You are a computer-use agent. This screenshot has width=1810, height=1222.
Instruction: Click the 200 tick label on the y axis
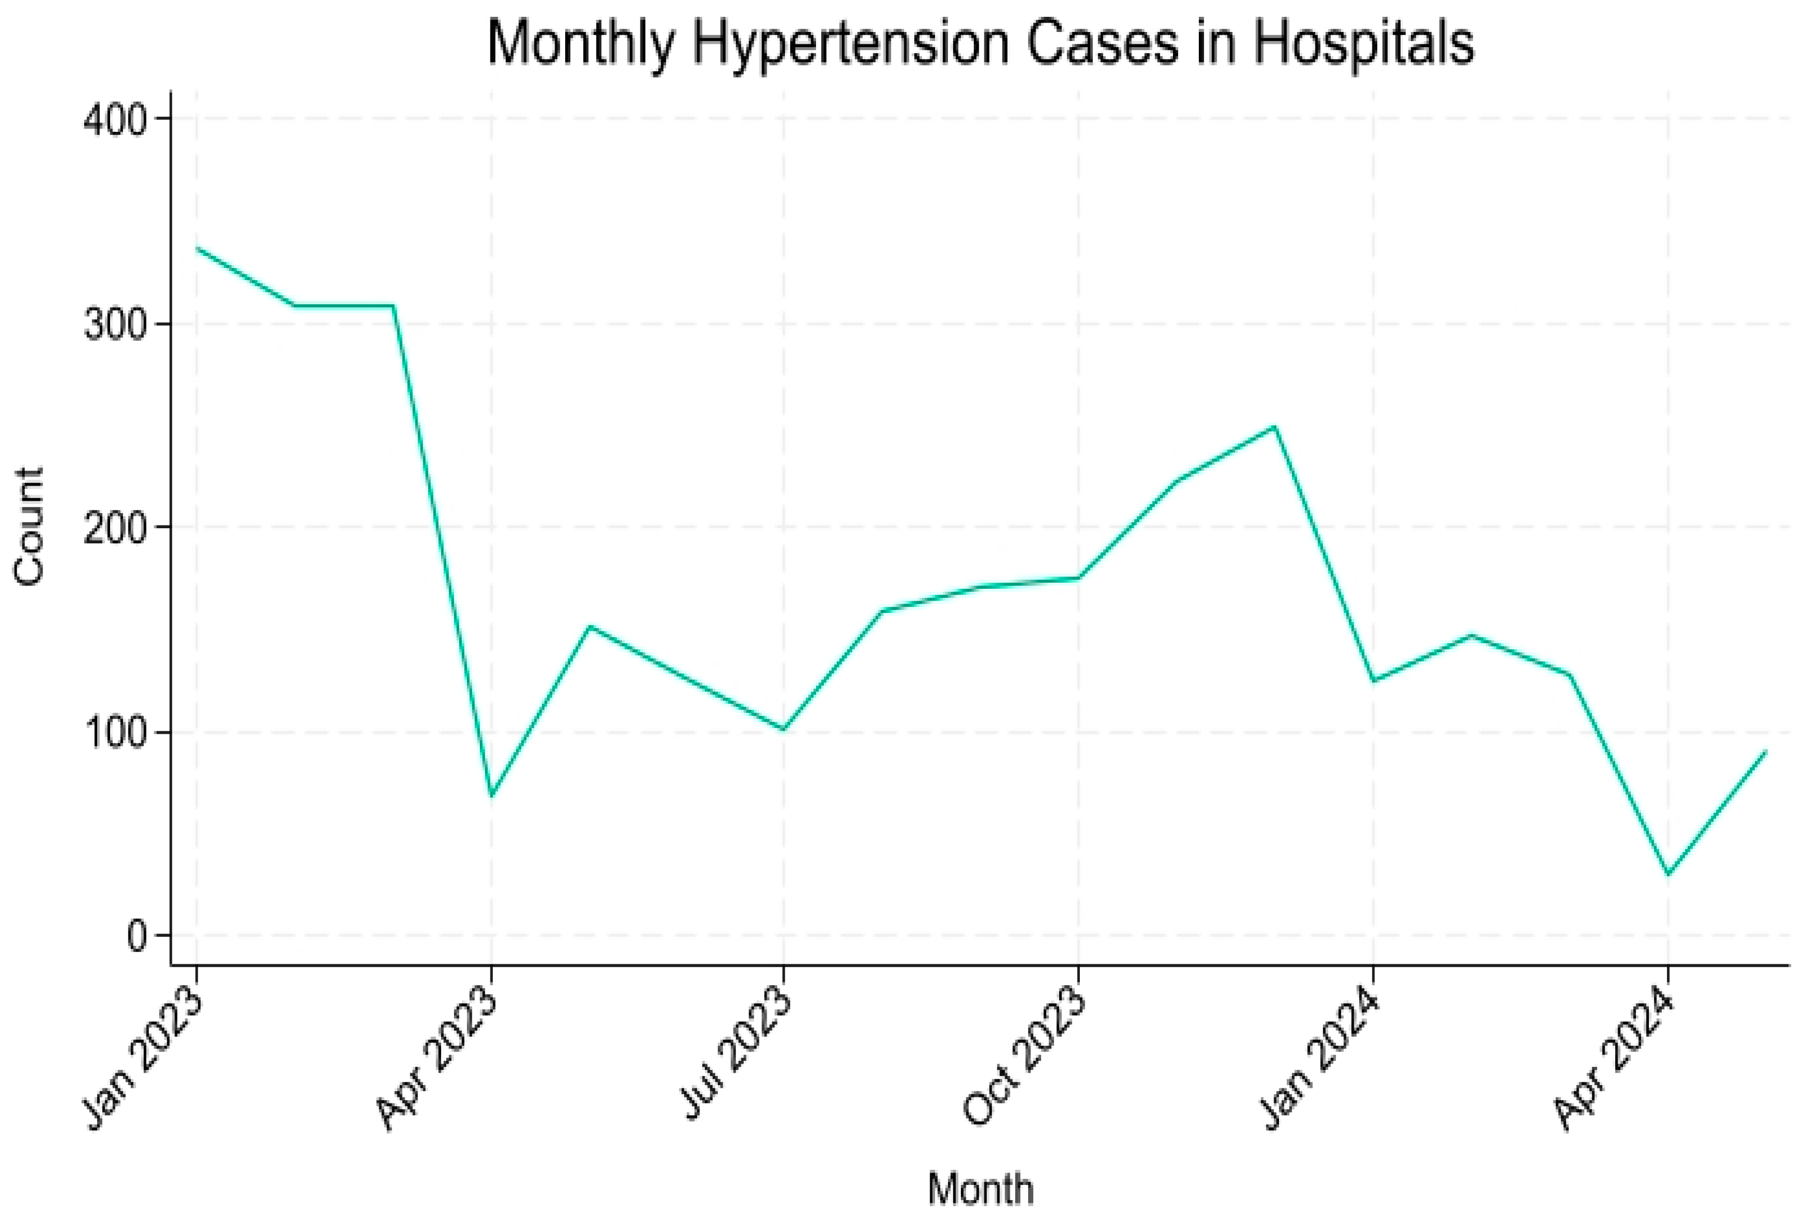tap(114, 528)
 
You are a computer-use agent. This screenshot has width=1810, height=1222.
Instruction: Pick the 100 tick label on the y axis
tap(114, 733)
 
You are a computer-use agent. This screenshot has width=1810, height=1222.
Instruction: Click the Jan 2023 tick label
tap(145, 1061)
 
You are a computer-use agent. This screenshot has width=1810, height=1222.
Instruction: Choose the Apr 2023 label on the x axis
tap(438, 1061)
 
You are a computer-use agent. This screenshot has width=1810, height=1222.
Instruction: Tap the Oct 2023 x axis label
tap(1025, 1061)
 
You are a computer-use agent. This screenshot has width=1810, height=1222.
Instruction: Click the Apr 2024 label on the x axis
tap(1614, 1061)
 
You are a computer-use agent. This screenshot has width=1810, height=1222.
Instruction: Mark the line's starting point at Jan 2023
tap(198, 249)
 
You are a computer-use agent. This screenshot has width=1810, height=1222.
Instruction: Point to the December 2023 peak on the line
tap(1274, 427)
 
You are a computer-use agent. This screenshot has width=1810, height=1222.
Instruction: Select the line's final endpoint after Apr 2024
tap(1765, 752)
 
